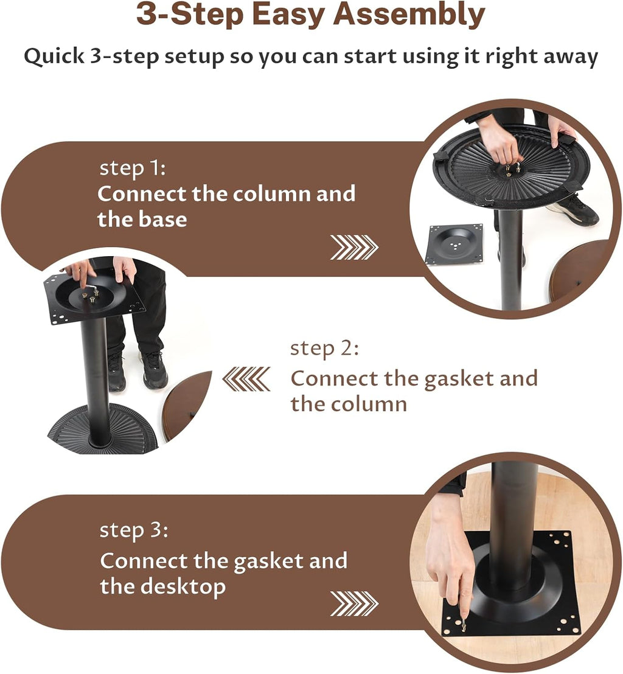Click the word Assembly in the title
(409, 15)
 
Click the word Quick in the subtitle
(54, 57)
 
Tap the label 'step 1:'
(133, 168)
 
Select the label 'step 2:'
(325, 349)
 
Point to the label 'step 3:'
(134, 530)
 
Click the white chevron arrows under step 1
(354, 247)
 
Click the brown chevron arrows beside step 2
(247, 379)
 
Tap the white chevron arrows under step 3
(354, 603)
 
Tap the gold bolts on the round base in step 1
(514, 167)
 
